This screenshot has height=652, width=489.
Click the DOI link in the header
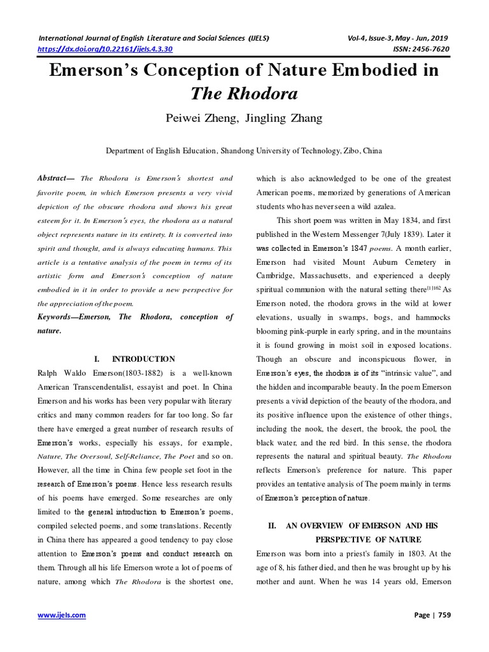(x=106, y=48)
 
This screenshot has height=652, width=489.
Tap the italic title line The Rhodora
(x=244, y=94)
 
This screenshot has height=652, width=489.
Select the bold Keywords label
(x=63, y=317)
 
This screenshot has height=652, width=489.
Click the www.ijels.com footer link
(x=62, y=616)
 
